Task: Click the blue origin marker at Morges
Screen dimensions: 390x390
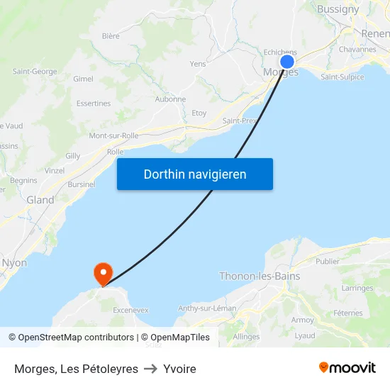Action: point(287,62)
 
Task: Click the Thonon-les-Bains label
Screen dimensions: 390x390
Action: point(260,276)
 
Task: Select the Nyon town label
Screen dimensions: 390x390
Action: point(14,262)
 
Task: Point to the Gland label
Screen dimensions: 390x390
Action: point(40,200)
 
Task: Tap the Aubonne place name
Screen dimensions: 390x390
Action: point(170,99)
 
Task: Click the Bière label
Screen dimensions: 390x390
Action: point(111,35)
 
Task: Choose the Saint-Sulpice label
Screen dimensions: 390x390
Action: point(342,77)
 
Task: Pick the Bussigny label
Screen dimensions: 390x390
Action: point(338,9)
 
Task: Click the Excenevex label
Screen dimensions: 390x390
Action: point(130,310)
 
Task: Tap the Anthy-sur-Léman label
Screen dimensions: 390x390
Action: point(207,308)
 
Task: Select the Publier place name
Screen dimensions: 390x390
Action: point(327,261)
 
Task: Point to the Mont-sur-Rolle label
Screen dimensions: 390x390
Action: point(113,135)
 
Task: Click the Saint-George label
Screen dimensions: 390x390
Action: point(35,72)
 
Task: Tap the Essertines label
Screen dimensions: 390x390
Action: point(94,104)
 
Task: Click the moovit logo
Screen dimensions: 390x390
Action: point(347,367)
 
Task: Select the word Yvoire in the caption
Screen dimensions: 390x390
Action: point(179,369)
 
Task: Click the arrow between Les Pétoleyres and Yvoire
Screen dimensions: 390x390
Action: point(150,369)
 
